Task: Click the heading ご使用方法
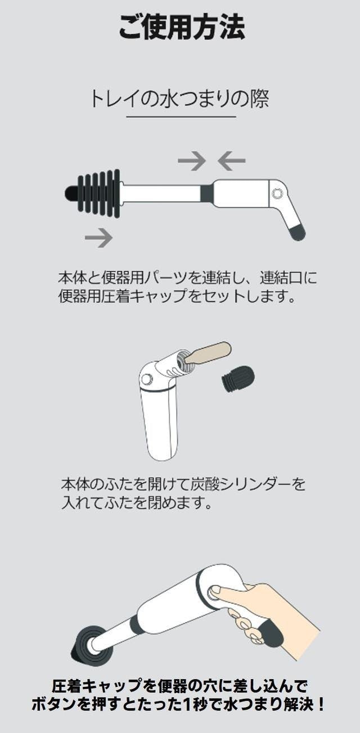point(182,27)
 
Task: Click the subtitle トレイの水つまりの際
point(179,98)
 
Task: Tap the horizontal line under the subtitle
point(181,116)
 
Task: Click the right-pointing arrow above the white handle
point(192,160)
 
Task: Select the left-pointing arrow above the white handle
point(232,160)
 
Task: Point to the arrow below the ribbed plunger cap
point(98,237)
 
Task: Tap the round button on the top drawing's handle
point(277,194)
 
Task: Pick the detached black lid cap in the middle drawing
point(238,376)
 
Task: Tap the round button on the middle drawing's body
point(147,379)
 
